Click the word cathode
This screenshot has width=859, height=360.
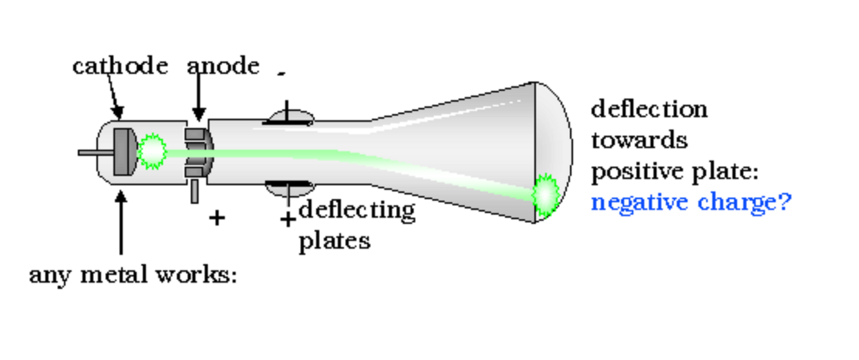pos(120,66)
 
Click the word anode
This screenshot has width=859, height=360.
pos(223,66)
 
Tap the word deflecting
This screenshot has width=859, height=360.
pos(357,211)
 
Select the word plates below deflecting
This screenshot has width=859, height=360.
pos(334,241)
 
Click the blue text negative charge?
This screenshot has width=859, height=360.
pos(690,202)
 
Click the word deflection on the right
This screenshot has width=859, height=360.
pos(649,109)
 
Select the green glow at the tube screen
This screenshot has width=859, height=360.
pos(546,193)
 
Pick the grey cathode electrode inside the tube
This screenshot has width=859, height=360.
pos(124,151)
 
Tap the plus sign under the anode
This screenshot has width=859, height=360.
pos(217,218)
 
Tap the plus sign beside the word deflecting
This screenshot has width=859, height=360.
pos(288,220)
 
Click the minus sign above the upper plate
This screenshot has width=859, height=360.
pos(281,75)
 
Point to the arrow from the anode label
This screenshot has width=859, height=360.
pos(198,97)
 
